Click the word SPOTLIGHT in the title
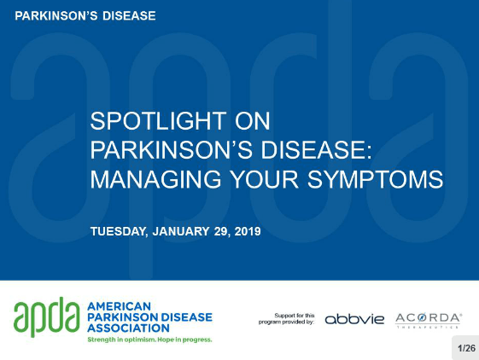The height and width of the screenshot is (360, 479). (158, 121)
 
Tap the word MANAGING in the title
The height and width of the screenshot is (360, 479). (155, 179)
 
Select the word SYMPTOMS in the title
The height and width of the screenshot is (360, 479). (375, 179)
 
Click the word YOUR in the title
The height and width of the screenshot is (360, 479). (264, 179)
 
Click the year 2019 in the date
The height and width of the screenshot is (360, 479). (248, 231)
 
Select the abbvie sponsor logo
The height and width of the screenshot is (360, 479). (354, 319)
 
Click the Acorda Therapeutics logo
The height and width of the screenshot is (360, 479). (429, 320)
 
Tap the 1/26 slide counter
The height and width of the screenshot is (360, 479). (467, 348)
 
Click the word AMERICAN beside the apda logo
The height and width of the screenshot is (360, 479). (120, 306)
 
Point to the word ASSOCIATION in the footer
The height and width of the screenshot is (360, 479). (128, 328)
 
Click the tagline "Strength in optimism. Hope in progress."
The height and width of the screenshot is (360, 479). (149, 340)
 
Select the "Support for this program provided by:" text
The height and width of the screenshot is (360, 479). (287, 318)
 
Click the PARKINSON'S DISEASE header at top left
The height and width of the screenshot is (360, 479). (85, 16)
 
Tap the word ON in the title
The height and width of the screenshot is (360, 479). (253, 121)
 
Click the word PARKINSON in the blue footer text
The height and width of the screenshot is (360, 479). (122, 317)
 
